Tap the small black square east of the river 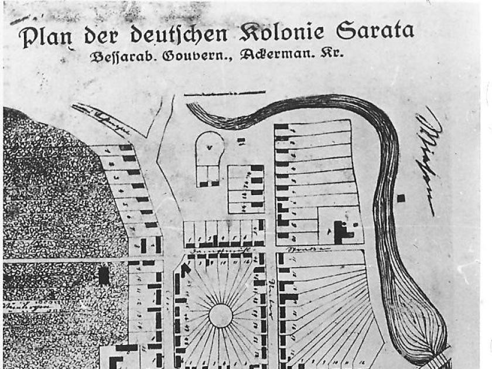401,198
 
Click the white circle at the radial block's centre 220,315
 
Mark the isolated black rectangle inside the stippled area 104,275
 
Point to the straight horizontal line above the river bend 224,93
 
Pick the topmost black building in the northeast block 281,126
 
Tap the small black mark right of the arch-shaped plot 241,140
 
